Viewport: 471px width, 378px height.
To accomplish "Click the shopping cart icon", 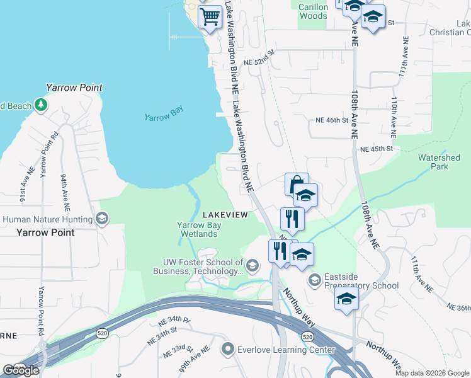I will point(210,17).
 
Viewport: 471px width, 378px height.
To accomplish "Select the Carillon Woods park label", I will point(312,11).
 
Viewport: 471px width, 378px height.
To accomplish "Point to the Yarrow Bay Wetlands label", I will point(197,229).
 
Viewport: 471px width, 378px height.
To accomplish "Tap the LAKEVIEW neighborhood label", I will point(225,215).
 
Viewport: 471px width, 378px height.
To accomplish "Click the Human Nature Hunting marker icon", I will point(102,219).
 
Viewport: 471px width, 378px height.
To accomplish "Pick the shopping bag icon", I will point(297,184).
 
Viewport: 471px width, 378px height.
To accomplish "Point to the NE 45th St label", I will point(376,149).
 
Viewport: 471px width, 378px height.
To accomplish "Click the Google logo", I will point(21,370).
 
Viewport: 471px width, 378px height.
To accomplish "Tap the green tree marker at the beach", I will point(41,105).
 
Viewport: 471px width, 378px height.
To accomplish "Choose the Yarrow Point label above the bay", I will point(74,88).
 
